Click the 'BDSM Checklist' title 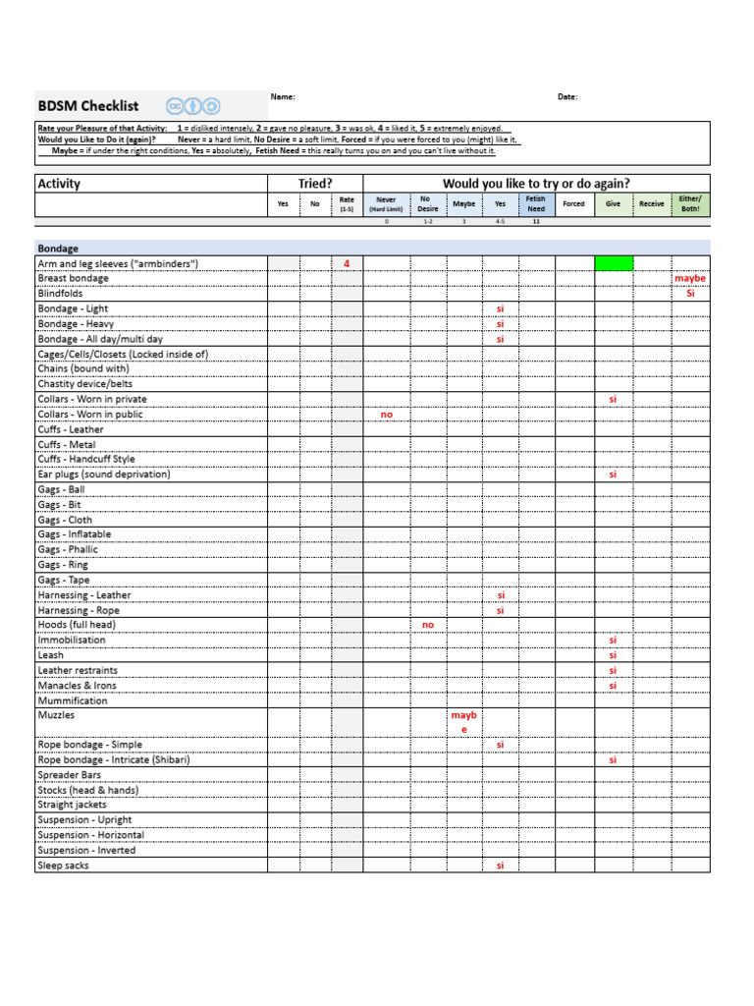(x=87, y=106)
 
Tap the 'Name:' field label (x=283, y=96)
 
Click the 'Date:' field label (x=567, y=96)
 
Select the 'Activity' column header (x=59, y=184)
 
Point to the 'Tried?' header (x=315, y=184)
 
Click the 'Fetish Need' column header (x=535, y=203)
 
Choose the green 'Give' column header (x=613, y=204)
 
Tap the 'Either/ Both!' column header (x=690, y=203)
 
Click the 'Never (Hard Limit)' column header (x=386, y=203)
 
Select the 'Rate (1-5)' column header (x=347, y=203)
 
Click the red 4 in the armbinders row (x=347, y=263)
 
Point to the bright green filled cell (x=614, y=263)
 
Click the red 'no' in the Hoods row (x=428, y=625)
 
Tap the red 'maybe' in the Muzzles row (x=463, y=722)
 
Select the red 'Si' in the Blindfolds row (x=690, y=294)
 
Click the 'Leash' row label (x=50, y=655)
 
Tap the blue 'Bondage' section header (x=58, y=249)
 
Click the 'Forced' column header (x=573, y=204)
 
